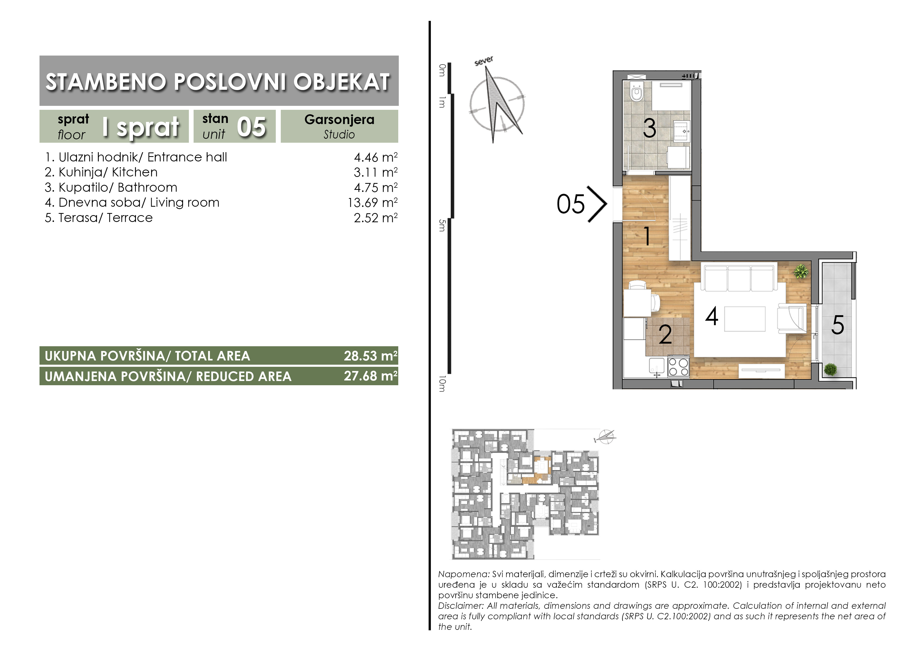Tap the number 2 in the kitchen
click(665, 334)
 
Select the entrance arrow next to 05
click(597, 204)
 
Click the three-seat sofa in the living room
click(739, 277)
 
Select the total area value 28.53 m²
click(371, 356)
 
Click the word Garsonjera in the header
click(339, 120)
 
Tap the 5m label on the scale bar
click(442, 226)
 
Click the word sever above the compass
click(484, 61)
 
